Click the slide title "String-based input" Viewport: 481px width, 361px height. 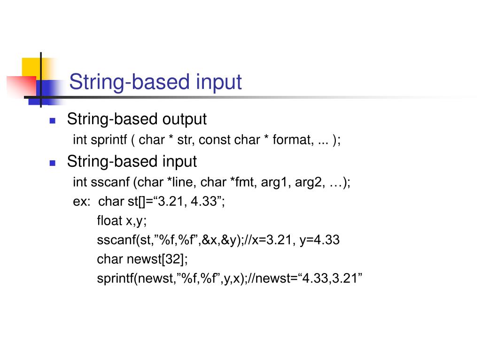point(155,82)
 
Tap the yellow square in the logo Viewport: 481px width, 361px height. point(31,66)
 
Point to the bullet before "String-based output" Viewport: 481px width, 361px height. point(53,120)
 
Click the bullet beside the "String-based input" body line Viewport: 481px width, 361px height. point(53,163)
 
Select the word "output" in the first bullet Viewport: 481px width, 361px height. point(185,119)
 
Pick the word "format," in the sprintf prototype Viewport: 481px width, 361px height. point(294,140)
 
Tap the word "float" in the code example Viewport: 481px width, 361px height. point(109,220)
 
